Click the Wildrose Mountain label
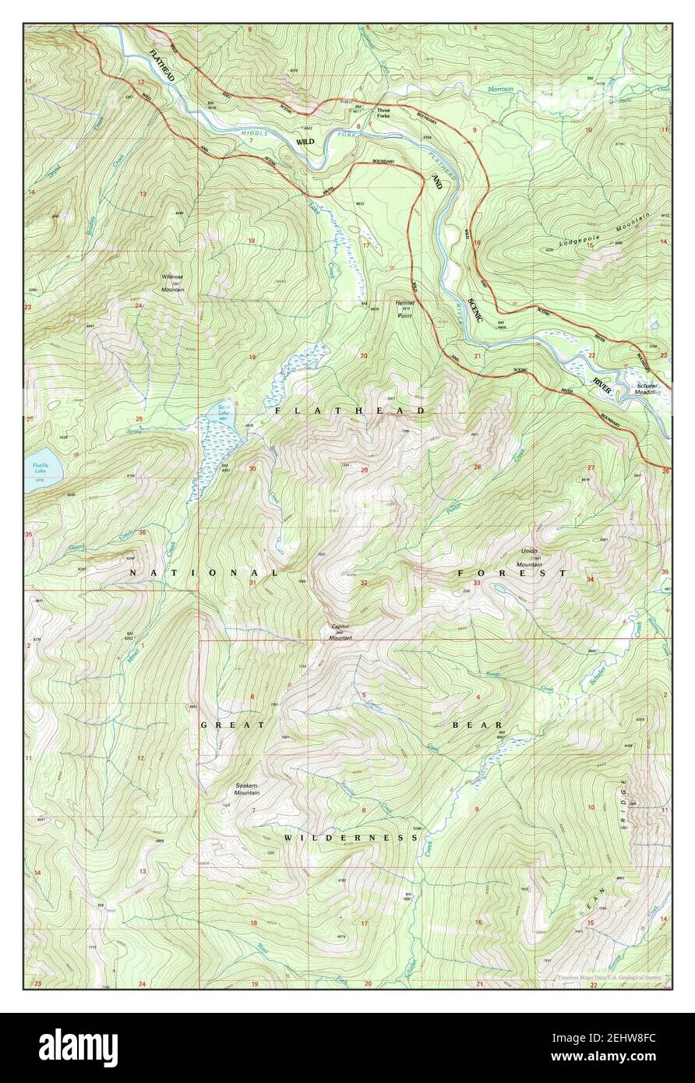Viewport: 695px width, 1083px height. click(x=172, y=281)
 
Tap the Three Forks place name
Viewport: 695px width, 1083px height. click(x=383, y=113)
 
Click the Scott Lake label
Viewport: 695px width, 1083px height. click(x=223, y=411)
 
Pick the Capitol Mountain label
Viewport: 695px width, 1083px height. click(x=340, y=632)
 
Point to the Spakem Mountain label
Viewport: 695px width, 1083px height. click(x=247, y=789)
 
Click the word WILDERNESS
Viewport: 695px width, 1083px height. click(x=351, y=838)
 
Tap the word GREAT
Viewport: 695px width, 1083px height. click(x=222, y=725)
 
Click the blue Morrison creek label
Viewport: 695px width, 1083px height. click(x=500, y=90)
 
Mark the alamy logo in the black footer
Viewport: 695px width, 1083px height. click(x=78, y=1048)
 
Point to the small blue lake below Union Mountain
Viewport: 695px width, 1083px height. click(x=496, y=589)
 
